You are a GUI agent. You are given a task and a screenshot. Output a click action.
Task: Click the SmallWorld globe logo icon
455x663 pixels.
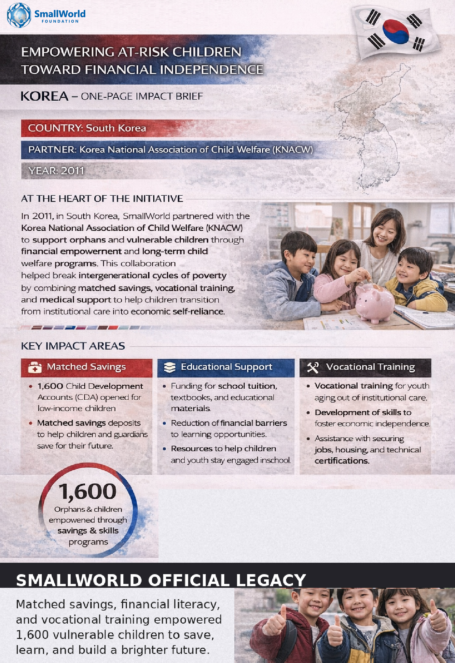(19, 15)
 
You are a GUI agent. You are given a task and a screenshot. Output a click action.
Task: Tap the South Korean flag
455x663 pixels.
(395, 31)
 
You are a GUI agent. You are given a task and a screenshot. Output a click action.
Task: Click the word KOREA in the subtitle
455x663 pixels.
(45, 96)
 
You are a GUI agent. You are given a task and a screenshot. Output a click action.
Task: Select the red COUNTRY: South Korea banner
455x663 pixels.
(98, 128)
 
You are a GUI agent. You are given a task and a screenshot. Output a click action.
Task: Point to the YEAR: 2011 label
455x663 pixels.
(56, 171)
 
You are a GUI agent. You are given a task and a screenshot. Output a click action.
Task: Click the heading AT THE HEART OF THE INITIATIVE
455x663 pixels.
(102, 199)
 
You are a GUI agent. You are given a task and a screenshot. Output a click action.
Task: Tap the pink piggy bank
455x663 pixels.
(374, 301)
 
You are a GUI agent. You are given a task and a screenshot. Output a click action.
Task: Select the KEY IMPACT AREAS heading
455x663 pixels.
(73, 346)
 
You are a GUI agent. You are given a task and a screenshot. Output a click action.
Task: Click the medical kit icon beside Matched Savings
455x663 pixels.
(34, 367)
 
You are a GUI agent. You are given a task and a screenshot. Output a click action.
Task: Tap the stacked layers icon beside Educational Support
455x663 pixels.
(170, 367)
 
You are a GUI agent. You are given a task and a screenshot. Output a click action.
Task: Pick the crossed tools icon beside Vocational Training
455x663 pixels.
(313, 367)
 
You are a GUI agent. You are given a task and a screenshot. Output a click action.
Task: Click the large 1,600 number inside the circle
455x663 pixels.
(88, 491)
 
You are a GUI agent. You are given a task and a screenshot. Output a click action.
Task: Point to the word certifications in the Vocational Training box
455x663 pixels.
(342, 461)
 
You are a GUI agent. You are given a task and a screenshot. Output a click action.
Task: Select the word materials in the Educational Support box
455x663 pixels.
(191, 408)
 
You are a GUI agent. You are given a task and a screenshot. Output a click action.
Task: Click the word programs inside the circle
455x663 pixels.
(88, 542)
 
